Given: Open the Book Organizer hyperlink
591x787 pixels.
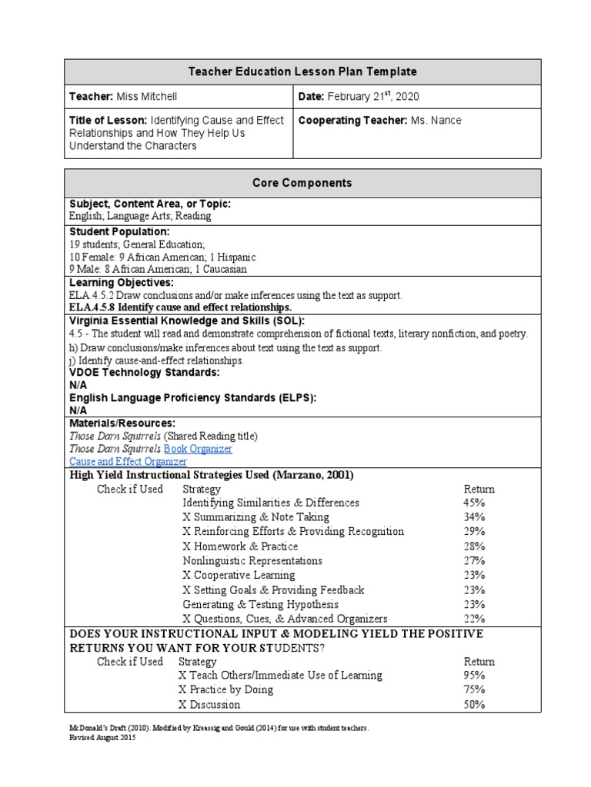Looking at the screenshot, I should (x=198, y=448).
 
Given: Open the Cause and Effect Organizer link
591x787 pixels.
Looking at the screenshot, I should (x=128, y=461).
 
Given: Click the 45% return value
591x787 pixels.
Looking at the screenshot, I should (x=474, y=503).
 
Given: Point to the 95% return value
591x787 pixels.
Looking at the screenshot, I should (x=474, y=675).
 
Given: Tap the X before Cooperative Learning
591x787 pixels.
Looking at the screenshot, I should (x=186, y=575).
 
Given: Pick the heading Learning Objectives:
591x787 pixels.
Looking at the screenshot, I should (x=122, y=283).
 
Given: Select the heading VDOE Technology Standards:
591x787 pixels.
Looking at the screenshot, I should (x=145, y=372).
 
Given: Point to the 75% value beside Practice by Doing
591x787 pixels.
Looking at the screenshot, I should (x=474, y=689).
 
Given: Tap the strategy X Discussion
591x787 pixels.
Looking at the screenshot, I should (x=209, y=704).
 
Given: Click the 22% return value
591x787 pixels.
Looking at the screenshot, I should (x=474, y=619).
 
